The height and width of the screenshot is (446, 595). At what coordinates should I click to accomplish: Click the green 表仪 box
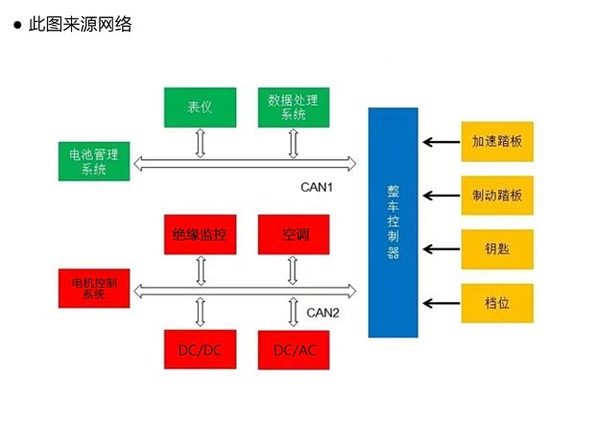click(x=200, y=106)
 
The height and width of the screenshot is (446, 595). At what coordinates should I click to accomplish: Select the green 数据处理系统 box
click(x=294, y=106)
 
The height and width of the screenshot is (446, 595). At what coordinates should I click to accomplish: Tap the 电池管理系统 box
click(x=94, y=162)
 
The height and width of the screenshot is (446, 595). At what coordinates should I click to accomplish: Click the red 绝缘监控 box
click(x=200, y=235)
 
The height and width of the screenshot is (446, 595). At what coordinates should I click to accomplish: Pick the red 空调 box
click(x=294, y=235)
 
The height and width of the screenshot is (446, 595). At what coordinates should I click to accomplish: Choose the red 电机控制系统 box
click(x=94, y=289)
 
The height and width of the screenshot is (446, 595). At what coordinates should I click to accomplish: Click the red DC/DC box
click(x=200, y=350)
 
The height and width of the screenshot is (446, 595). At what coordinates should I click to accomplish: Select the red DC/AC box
click(x=294, y=350)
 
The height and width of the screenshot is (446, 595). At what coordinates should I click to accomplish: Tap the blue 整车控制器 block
click(x=393, y=223)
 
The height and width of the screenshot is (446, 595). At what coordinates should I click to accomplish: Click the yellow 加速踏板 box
click(x=496, y=142)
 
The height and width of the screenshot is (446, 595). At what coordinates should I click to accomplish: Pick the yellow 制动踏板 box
click(x=496, y=196)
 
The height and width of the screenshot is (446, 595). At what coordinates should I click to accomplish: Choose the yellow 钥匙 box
click(x=496, y=249)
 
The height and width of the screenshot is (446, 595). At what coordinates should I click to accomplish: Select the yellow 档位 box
click(x=496, y=303)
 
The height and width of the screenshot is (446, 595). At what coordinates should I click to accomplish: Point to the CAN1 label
click(x=316, y=187)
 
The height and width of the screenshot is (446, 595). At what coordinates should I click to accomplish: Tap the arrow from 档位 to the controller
click(x=440, y=303)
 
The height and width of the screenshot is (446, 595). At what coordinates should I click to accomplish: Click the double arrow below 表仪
click(x=200, y=143)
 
